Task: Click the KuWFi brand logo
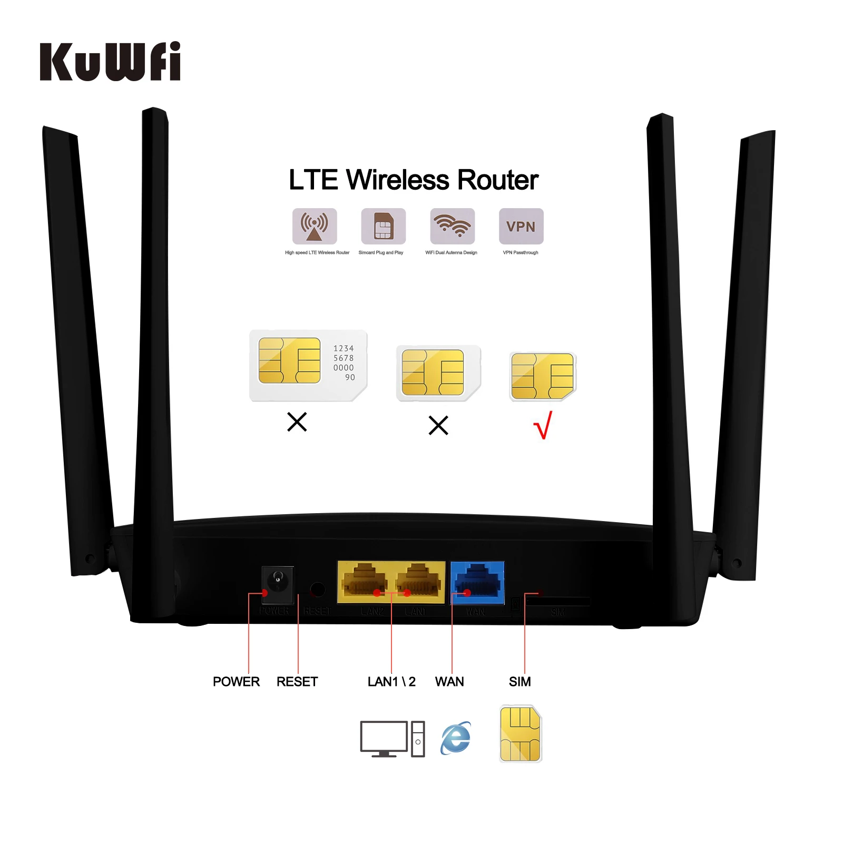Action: pyautogui.click(x=110, y=62)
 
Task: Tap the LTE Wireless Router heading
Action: pyautogui.click(x=414, y=180)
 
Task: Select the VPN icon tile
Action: pyautogui.click(x=521, y=226)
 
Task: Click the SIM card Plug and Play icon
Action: pyautogui.click(x=383, y=226)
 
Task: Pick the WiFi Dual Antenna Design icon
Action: pyautogui.click(x=452, y=226)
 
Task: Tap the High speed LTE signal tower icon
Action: pyautogui.click(x=315, y=226)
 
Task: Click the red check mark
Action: pyautogui.click(x=543, y=425)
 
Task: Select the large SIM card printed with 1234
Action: pyautogui.click(x=308, y=365)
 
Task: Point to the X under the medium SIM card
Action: pyautogui.click(x=438, y=425)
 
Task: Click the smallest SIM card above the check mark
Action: pyautogui.click(x=543, y=376)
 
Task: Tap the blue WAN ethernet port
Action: pyautogui.click(x=477, y=582)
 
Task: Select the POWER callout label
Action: pyautogui.click(x=236, y=682)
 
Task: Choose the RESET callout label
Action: pyautogui.click(x=297, y=682)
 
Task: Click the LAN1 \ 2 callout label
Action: pyautogui.click(x=391, y=682)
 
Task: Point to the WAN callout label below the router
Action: pyautogui.click(x=449, y=682)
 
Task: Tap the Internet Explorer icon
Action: pyautogui.click(x=456, y=738)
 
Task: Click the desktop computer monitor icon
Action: pyautogui.click(x=384, y=738)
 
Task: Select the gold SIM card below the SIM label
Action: pyautogui.click(x=520, y=733)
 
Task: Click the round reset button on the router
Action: pyautogui.click(x=318, y=589)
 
